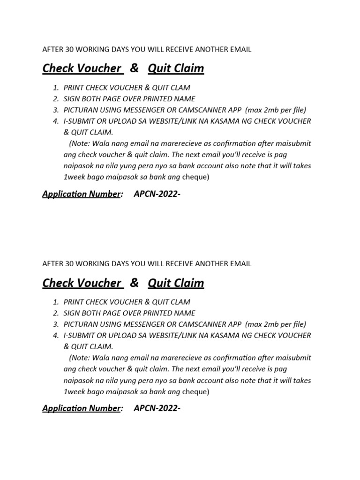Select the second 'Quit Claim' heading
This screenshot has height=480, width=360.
(176, 283)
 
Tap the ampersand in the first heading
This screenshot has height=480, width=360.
(135, 68)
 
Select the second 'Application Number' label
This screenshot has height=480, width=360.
(82, 408)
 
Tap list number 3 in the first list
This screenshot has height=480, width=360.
(56, 110)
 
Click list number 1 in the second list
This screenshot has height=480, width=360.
(56, 302)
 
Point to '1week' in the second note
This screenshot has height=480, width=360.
(74, 392)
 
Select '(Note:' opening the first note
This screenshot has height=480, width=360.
(80, 143)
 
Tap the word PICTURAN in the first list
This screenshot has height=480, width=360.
(81, 110)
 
